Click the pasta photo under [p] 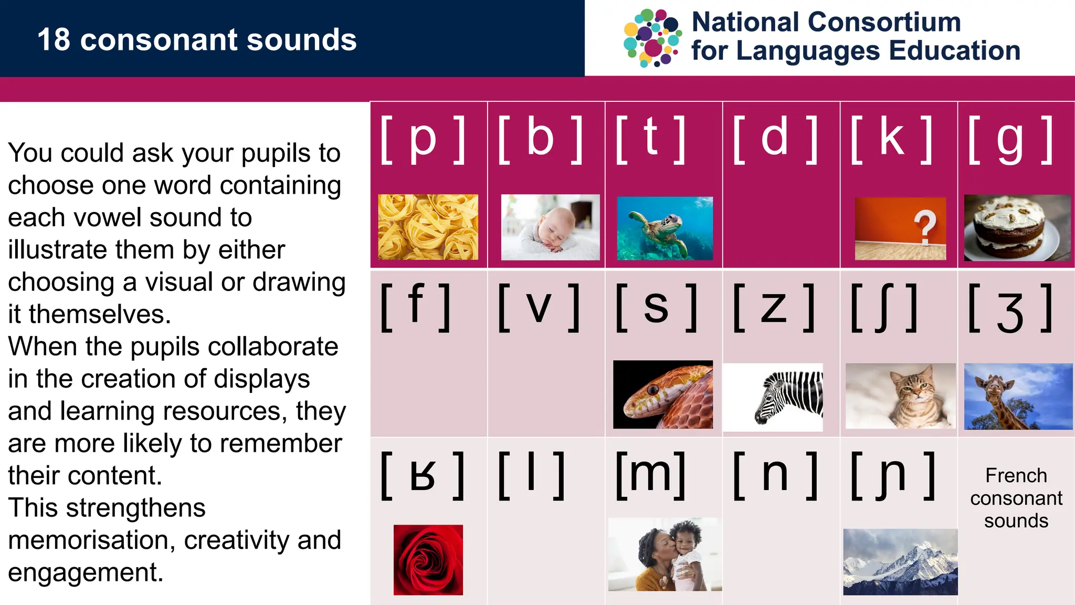pos(428,227)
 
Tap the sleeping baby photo pos(550,227)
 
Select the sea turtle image pos(665,228)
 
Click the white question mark pos(925,227)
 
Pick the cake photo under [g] pos(1017,228)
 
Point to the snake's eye pos(652,390)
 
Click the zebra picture pos(773,397)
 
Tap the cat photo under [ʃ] pos(900,396)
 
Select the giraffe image pos(1018,396)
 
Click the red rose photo pos(428,560)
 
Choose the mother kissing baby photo pos(665,555)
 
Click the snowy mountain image pos(900,562)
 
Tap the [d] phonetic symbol pos(775,139)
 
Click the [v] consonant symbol pos(539,308)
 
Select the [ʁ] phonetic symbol pos(423,476)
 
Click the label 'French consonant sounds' pos(1016,498)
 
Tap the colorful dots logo pos(652,38)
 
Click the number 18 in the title pos(54,40)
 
